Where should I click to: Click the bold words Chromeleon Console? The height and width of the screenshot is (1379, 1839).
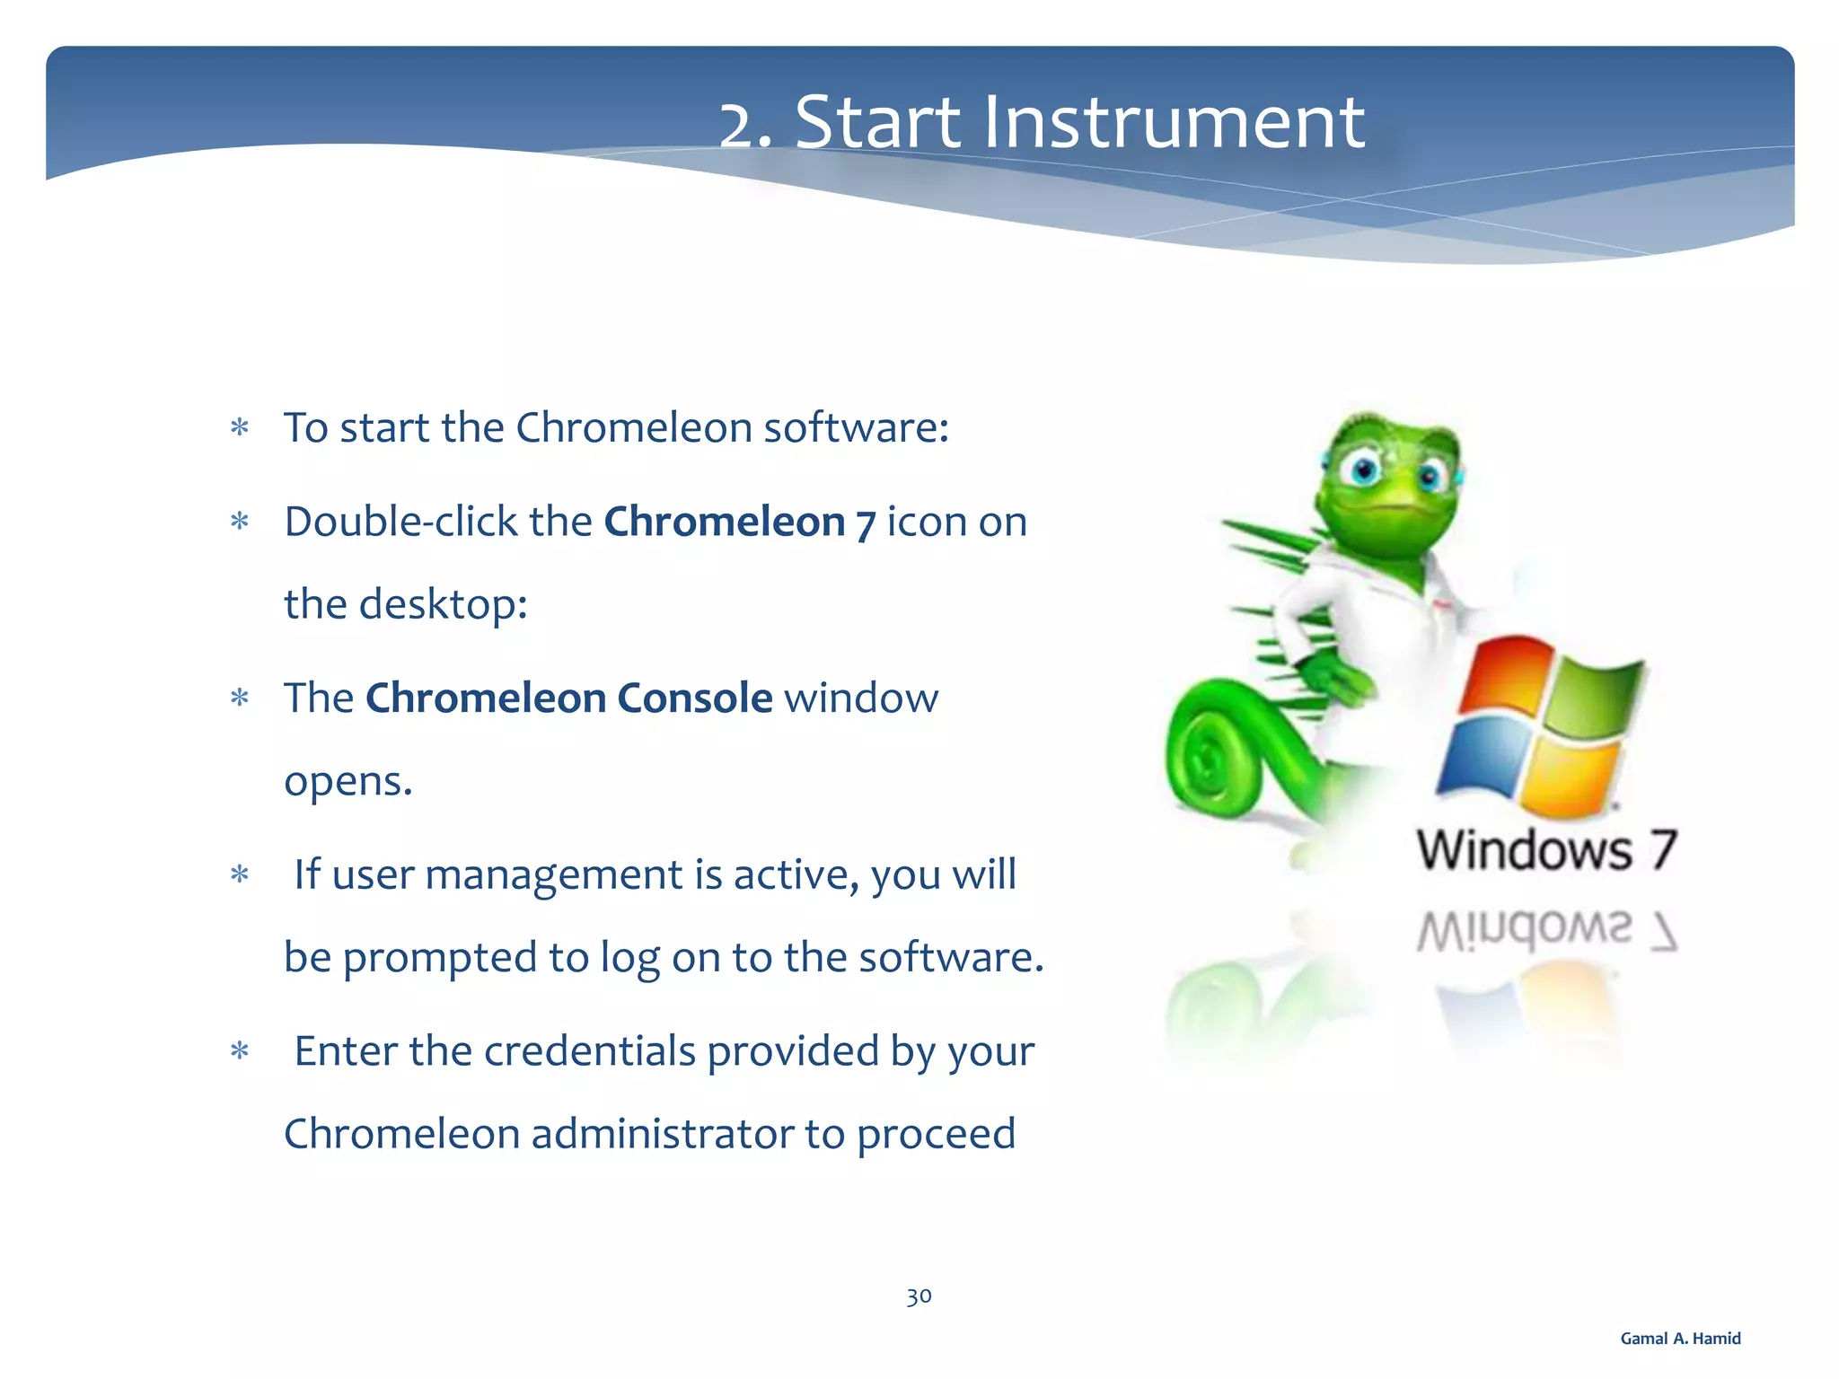tap(568, 698)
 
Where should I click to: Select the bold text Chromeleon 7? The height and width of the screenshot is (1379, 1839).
tap(738, 523)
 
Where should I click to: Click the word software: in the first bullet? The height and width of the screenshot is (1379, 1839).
tap(856, 427)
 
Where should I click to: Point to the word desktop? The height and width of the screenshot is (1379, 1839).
tap(443, 604)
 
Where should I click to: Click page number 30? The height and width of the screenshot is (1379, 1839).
tap(919, 1296)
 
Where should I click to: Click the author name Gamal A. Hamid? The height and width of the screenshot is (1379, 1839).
tap(1680, 1339)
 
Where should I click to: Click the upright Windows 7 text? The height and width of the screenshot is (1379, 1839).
tap(1546, 850)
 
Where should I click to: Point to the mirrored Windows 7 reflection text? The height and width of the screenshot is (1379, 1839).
tap(1546, 930)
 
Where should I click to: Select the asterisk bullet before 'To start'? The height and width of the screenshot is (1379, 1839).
tap(239, 428)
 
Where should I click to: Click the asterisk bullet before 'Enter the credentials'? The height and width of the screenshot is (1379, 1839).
tap(239, 1051)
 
